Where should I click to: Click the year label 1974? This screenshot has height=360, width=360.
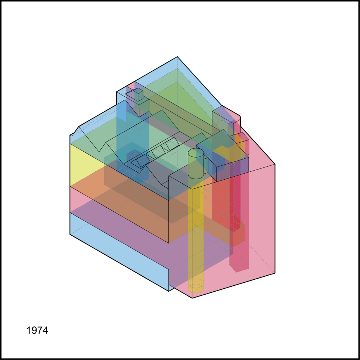[37, 330]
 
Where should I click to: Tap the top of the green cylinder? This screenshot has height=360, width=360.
[196, 153]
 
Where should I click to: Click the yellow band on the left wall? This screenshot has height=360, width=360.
[85, 164]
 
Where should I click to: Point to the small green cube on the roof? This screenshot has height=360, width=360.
[139, 94]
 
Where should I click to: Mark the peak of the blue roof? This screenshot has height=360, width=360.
[177, 57]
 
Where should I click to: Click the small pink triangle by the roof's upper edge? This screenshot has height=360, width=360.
[131, 86]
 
